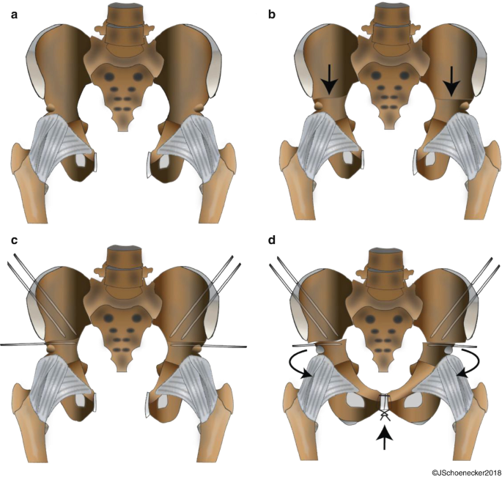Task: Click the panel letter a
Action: coord(14,14)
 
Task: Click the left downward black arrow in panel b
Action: coord(328,78)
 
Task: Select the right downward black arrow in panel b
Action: coord(451,78)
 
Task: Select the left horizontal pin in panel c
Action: coord(40,343)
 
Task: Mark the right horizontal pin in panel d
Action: coord(450,344)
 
